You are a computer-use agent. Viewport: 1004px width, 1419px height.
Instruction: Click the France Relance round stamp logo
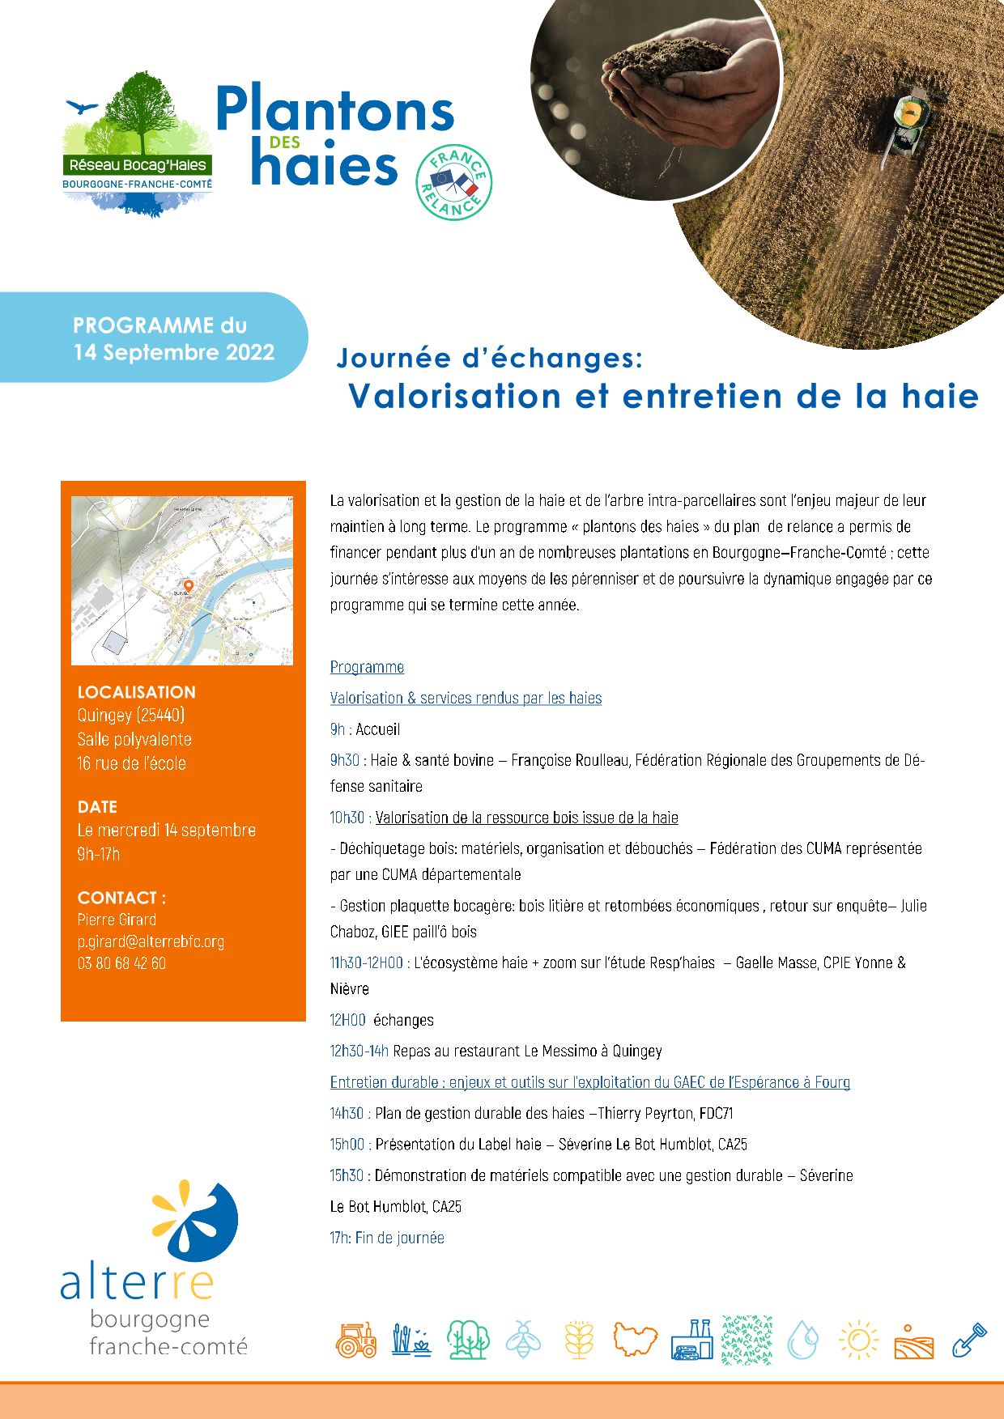(x=453, y=182)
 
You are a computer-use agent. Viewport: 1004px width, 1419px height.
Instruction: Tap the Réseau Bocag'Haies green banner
(x=138, y=165)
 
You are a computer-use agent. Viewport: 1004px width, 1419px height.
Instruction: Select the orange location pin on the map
(x=189, y=585)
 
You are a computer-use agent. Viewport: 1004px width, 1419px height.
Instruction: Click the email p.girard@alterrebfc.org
(x=151, y=941)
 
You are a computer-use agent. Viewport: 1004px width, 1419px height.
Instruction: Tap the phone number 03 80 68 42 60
(x=121, y=963)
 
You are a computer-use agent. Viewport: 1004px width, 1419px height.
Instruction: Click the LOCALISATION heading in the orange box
(x=136, y=692)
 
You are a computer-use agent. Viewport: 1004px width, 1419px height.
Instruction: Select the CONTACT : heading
(x=121, y=898)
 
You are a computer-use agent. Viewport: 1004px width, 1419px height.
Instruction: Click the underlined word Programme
(x=367, y=667)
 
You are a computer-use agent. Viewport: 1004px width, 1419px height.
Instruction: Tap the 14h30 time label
(x=347, y=1113)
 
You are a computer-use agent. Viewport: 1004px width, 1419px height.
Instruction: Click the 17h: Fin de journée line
(x=387, y=1238)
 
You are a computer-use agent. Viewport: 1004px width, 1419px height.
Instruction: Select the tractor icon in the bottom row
(x=356, y=1340)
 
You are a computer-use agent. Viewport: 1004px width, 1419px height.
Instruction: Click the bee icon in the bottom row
(x=523, y=1340)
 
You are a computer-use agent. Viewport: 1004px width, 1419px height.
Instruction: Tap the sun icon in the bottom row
(x=858, y=1340)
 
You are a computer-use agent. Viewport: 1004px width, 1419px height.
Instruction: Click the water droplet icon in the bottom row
(x=803, y=1340)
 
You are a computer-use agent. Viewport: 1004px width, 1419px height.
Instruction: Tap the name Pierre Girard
(x=117, y=920)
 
